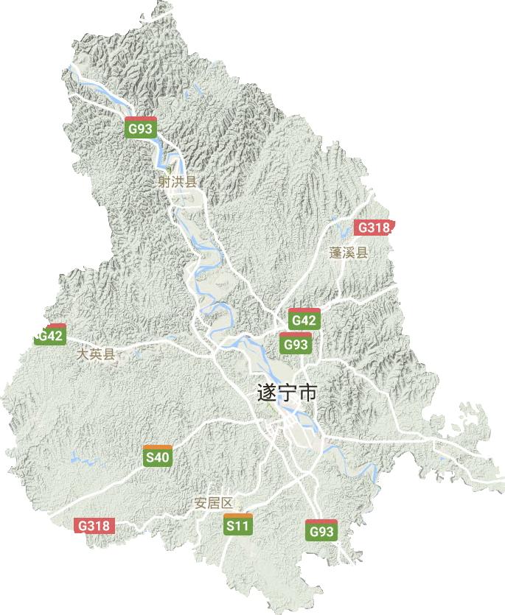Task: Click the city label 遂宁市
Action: point(288,393)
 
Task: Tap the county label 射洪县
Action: point(178,180)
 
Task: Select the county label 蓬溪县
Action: point(348,253)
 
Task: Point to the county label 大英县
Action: point(97,354)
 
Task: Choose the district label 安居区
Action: point(212,504)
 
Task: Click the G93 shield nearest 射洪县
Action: point(140,128)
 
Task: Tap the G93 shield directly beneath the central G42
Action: point(296,343)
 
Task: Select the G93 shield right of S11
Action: point(321,530)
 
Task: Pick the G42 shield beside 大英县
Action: point(50,336)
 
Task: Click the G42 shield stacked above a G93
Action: point(304,320)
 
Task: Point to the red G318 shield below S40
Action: point(94,525)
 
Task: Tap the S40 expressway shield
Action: point(158,457)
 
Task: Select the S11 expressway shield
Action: point(237,525)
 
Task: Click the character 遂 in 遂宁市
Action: point(266,393)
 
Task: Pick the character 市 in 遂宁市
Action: point(308,393)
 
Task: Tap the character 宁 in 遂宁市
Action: point(288,393)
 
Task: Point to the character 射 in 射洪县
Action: point(165,180)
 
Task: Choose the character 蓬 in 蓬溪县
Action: point(335,253)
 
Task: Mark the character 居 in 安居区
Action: point(212,504)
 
